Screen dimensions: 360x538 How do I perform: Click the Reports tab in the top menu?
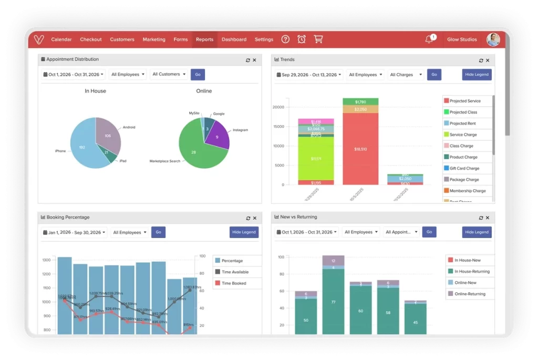[204, 39]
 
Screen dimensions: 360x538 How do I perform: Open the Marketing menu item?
[154, 39]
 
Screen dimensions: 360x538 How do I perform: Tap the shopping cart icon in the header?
[318, 39]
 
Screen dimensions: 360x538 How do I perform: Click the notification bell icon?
[429, 40]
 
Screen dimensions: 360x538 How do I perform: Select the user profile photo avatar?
[493, 39]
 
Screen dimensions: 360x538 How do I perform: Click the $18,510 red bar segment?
[360, 149]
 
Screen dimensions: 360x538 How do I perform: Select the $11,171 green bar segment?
[315, 158]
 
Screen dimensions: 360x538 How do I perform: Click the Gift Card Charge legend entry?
[464, 169]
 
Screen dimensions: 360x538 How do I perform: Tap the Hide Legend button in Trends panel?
[477, 75]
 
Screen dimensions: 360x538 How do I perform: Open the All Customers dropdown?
[169, 75]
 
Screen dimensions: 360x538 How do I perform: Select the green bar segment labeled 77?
[333, 302]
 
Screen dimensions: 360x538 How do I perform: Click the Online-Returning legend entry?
[470, 294]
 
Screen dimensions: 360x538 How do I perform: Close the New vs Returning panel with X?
[489, 218]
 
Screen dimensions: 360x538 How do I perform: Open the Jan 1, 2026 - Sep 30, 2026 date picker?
[74, 232]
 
